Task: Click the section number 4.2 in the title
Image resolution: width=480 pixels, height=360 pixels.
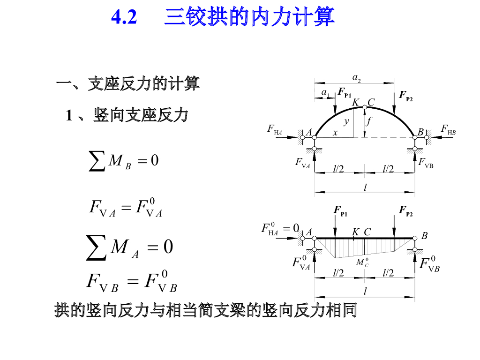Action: coord(124,17)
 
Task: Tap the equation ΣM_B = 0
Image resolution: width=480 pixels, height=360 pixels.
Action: coord(124,161)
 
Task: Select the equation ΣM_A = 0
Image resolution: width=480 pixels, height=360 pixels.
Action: coord(129,247)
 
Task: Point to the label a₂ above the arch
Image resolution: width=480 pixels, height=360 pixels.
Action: coord(356,77)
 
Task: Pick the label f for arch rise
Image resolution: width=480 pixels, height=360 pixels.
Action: coord(369,121)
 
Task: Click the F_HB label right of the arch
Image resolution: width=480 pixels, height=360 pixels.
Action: coord(448,129)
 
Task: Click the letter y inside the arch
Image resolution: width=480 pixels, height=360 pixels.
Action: coord(346,121)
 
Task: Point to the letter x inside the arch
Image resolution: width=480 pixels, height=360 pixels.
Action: coord(335,133)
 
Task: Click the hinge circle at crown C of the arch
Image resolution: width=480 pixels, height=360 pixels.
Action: coord(364,107)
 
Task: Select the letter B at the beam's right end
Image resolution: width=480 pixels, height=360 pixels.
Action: coord(424,236)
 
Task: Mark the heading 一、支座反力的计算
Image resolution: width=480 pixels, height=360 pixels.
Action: coord(127,84)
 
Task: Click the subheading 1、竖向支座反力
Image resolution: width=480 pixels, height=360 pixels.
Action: coord(127,115)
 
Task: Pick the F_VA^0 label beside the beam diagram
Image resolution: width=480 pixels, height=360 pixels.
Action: coord(301,263)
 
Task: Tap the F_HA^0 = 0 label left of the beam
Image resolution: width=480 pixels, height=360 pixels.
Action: coord(280,228)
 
